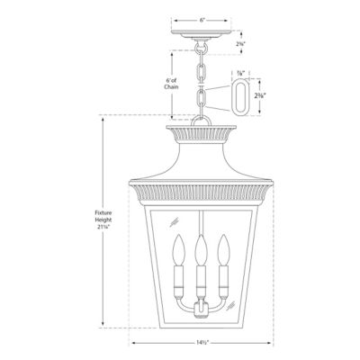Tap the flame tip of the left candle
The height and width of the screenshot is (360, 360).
click(x=184, y=242)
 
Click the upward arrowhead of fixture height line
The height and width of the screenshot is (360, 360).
click(x=103, y=118)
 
